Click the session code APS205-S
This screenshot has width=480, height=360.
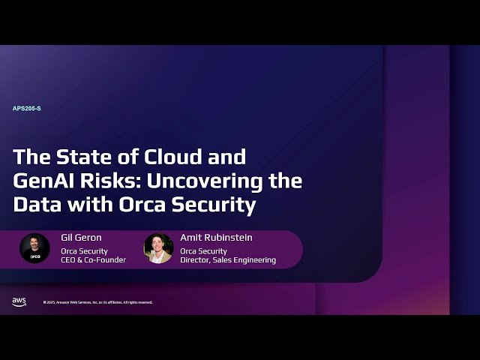pos(27,108)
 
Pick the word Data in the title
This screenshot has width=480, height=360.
pos(35,204)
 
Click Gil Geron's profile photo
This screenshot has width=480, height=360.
pos(34,248)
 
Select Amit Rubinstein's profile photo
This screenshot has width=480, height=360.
pos(158,248)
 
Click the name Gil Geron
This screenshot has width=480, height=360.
pos(81,238)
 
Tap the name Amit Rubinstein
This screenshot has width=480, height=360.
pos(216,238)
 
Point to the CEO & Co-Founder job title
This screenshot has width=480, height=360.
pos(93,260)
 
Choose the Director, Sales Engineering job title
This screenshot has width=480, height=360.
pos(228,260)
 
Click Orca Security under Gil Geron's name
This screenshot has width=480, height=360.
pos(84,250)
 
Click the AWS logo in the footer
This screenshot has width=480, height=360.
pos(19,301)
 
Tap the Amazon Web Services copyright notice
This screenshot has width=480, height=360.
pos(97,302)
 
